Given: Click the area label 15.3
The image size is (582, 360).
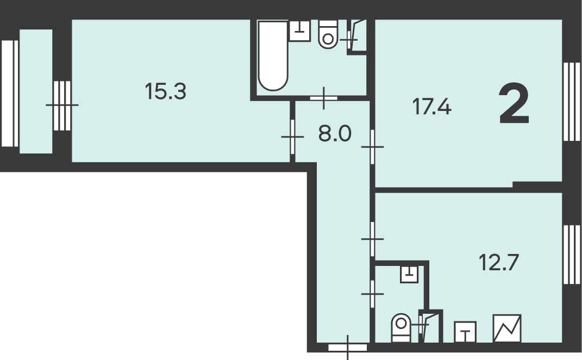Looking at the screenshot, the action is point(165,91).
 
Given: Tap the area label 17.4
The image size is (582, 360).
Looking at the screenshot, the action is point(431,107).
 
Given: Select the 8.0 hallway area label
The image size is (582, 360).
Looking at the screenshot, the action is point(335,134).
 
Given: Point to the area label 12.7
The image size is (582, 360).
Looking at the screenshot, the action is point(498,262).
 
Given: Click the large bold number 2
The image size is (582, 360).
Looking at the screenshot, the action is point(514,104).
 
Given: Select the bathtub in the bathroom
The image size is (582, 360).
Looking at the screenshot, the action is point(273,55).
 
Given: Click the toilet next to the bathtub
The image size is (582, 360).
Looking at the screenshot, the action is point(328,34).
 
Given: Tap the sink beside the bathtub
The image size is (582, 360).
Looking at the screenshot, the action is point(299,31).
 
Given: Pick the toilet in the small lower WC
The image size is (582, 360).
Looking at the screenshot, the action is point(401,328).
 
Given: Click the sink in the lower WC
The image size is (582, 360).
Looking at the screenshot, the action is point(409,275).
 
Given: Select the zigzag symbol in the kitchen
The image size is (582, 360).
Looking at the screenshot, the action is point(507,328).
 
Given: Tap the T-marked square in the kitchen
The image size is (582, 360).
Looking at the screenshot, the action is point(466,332).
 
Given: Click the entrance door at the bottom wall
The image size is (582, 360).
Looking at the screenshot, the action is point(348,347).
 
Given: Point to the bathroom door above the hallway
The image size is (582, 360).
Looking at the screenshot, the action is point(324,98).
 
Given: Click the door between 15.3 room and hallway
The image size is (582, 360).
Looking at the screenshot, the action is point(292,136).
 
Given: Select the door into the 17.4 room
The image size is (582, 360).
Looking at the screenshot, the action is point(372,147).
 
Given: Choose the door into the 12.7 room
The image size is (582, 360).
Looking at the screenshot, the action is point(372,239).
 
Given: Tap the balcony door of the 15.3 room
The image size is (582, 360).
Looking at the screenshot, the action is point(62,105).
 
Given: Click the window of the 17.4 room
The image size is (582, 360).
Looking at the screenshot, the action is point(572,102).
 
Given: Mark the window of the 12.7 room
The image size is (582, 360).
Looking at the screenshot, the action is point(572,255).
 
